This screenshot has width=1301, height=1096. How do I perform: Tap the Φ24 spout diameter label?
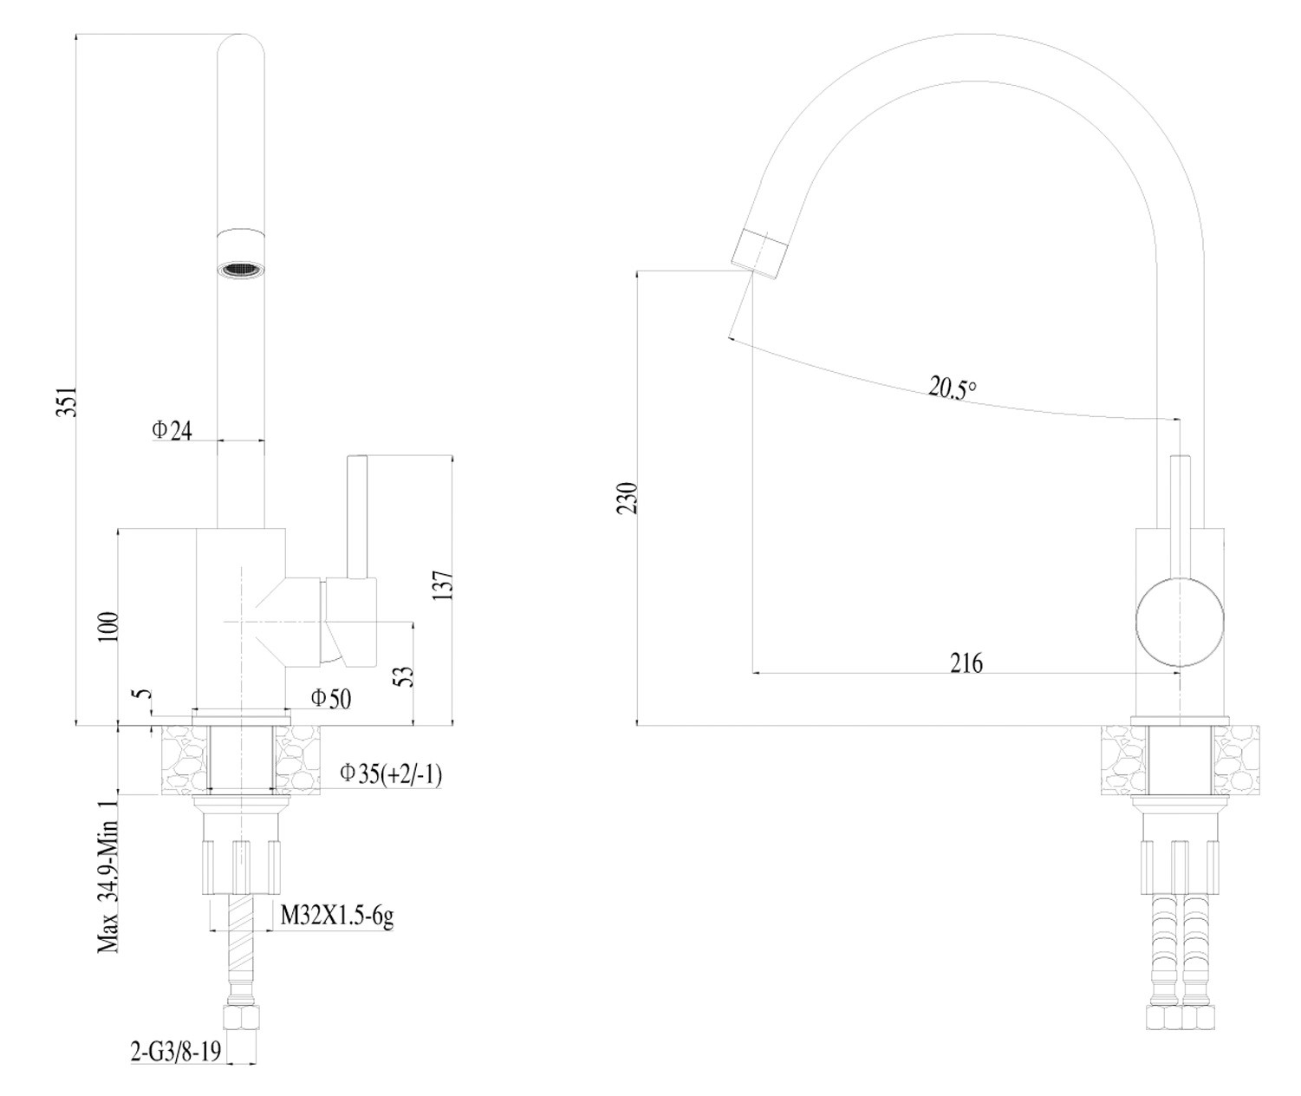tap(172, 430)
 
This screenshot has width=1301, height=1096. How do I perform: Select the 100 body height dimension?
tap(107, 626)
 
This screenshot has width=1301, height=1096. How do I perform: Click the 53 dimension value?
tap(404, 676)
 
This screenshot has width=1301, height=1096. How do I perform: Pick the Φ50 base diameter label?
tap(331, 698)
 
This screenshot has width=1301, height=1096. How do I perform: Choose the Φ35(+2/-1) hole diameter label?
tap(391, 773)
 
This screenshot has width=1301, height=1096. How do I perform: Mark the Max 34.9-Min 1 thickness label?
tap(108, 876)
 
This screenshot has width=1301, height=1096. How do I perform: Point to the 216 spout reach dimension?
tap(966, 663)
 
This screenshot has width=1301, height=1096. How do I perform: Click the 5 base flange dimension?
tap(143, 695)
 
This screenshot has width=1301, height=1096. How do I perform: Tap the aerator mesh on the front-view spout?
tap(239, 270)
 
